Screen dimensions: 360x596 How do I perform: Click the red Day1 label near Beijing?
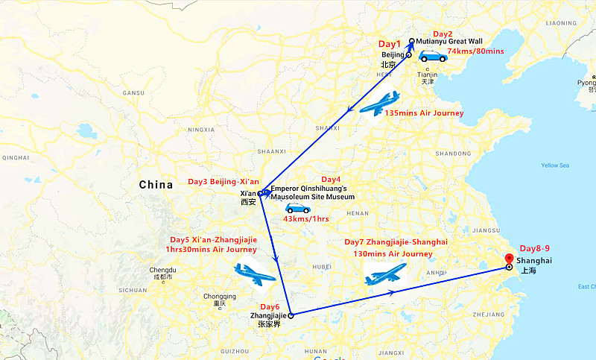tap(389, 44)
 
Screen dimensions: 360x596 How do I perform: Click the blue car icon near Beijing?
tap(432, 56)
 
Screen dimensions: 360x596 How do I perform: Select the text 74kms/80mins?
tap(475, 51)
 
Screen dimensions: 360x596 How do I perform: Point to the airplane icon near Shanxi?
tap(379, 103)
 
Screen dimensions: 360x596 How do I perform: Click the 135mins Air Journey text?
tap(424, 113)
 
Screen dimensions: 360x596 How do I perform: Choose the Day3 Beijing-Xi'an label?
tap(223, 182)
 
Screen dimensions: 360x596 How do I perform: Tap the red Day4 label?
tap(330, 180)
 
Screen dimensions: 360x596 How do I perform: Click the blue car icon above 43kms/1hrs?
tap(298, 209)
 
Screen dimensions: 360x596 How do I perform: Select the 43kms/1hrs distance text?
tap(306, 219)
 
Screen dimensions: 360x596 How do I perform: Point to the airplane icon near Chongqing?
tap(254, 274)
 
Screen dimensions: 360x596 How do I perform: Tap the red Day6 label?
tap(270, 307)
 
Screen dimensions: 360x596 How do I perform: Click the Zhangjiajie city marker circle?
tap(291, 316)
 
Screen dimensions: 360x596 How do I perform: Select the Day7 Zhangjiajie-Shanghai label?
tap(396, 243)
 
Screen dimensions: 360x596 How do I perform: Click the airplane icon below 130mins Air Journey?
tap(385, 274)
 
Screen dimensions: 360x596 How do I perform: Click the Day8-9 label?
tap(536, 248)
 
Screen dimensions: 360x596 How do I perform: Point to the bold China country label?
tap(156, 184)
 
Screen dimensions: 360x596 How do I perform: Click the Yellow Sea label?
tap(554, 165)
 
